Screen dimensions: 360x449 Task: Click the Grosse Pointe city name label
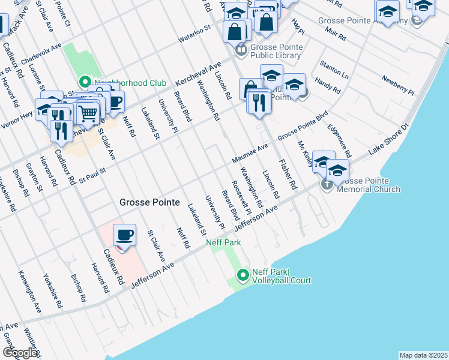tap(149, 203)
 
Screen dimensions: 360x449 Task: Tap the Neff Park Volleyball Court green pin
tap(243, 276)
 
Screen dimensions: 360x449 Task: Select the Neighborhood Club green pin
tap(85, 82)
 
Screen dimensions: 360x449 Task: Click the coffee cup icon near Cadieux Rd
tap(124, 235)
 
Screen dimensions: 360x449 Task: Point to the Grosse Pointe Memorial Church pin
tap(327, 184)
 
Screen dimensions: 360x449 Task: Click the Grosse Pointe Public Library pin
tap(241, 50)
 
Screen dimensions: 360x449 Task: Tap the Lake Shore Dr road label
tap(388, 142)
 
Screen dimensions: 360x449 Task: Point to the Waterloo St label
tap(195, 35)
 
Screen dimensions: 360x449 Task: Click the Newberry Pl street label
tap(398, 85)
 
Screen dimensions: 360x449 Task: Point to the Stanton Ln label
tap(334, 69)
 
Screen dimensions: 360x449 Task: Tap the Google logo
tap(20, 353)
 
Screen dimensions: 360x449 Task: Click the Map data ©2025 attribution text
tap(423, 355)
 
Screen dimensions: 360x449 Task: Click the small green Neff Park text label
tap(223, 242)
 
